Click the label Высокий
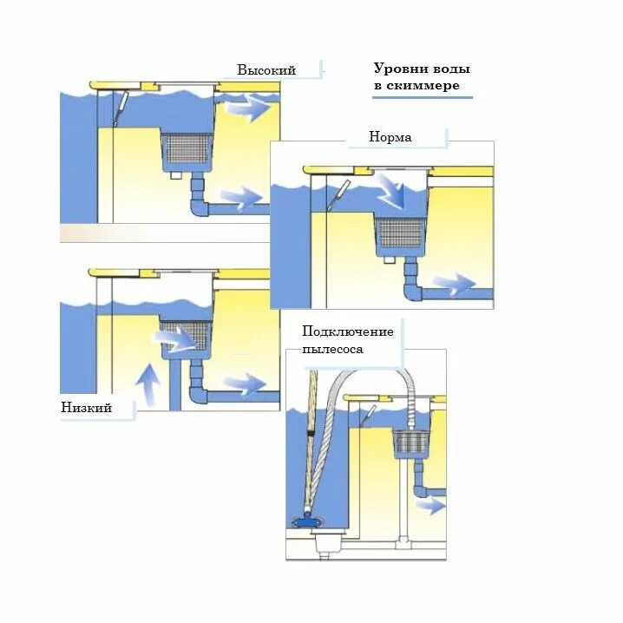(x=266, y=70)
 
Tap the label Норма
(x=390, y=137)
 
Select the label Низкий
(x=87, y=408)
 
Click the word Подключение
(x=347, y=332)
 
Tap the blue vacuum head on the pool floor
(x=307, y=521)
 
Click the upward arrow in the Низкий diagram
(x=149, y=384)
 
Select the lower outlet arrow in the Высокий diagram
(x=243, y=197)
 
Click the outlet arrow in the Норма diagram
(x=453, y=284)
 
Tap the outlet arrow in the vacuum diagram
(x=431, y=505)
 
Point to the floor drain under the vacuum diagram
(x=326, y=546)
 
